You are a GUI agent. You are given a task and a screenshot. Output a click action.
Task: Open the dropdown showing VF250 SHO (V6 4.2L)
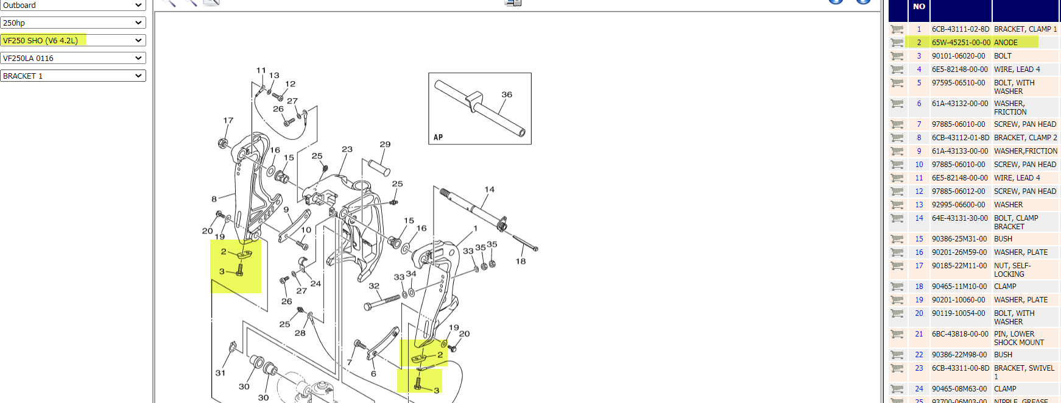click(73, 40)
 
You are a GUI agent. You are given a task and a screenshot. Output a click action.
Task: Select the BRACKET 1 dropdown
click(73, 76)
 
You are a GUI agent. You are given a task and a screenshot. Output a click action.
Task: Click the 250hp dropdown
click(73, 23)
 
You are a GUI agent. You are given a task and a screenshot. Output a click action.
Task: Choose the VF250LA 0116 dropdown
click(73, 58)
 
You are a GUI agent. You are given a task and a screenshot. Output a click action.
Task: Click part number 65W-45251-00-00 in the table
click(961, 43)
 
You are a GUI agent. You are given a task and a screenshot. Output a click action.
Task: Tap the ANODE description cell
click(1006, 43)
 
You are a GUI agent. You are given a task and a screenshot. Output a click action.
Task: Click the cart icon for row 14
click(897, 218)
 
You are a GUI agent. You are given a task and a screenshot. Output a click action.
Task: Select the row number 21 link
click(919, 334)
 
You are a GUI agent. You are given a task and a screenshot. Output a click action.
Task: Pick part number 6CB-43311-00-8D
click(961, 368)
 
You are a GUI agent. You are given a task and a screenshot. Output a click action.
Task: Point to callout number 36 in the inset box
click(507, 95)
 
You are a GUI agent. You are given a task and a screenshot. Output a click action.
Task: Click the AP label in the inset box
click(439, 137)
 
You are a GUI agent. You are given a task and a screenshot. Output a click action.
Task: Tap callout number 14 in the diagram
click(490, 190)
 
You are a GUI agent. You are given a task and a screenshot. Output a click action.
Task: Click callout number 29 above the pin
click(385, 144)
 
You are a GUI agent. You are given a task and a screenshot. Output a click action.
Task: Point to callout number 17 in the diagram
click(228, 121)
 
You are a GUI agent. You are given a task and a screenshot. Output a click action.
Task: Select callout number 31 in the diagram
click(220, 373)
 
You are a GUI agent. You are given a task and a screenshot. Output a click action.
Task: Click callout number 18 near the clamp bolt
click(521, 262)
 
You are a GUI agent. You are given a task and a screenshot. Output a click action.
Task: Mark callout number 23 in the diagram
click(347, 149)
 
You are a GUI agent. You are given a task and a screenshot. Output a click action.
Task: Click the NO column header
click(919, 7)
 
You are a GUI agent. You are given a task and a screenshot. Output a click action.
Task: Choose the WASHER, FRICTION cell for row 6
click(1010, 108)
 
